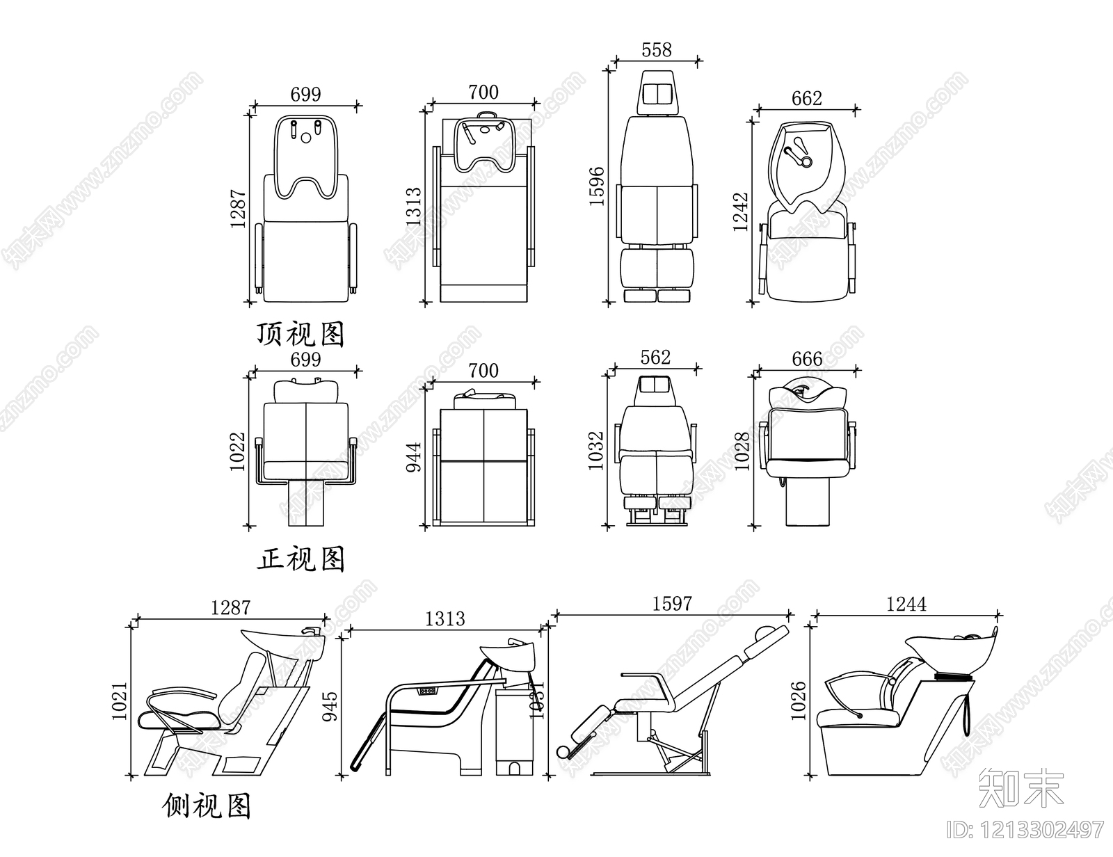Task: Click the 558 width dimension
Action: click(657, 50)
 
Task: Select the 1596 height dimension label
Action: click(597, 186)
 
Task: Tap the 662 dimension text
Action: click(806, 99)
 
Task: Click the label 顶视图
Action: click(301, 335)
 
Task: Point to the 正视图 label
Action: click(301, 558)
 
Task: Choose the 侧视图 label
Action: click(207, 806)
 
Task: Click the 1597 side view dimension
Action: click(672, 603)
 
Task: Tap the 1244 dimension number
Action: click(906, 604)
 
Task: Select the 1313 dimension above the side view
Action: click(445, 618)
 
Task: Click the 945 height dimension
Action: click(331, 705)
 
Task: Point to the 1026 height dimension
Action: click(798, 700)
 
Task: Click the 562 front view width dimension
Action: click(655, 358)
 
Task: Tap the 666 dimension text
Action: click(807, 359)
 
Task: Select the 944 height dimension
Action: click(414, 456)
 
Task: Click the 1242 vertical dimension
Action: click(741, 211)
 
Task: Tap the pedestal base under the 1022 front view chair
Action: click(306, 503)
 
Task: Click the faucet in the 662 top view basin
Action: click(797, 153)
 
